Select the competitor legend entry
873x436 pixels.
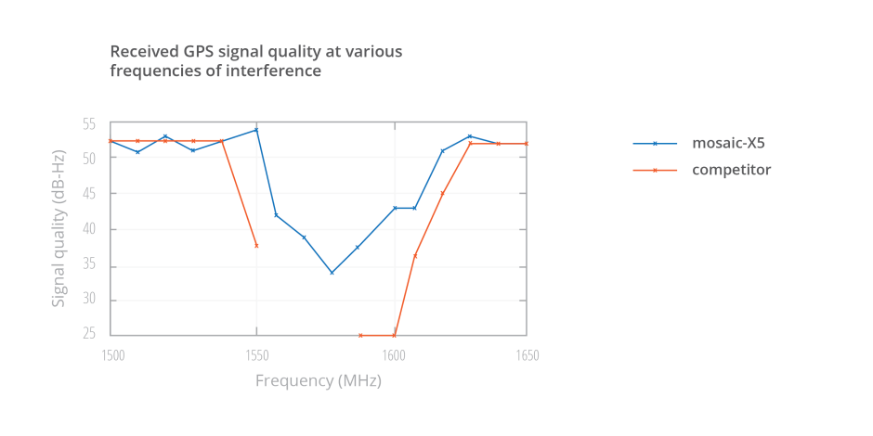point(702,170)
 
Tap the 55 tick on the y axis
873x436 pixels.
point(89,124)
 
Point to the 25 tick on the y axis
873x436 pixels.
point(89,334)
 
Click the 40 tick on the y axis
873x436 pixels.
point(89,229)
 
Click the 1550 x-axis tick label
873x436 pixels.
point(256,356)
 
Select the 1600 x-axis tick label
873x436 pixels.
point(395,356)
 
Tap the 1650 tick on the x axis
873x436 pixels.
point(528,356)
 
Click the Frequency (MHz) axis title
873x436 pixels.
point(319,381)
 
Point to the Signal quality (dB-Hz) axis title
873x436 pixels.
point(59,228)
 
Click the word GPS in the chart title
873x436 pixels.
point(198,52)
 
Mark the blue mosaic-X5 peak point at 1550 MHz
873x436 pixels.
point(256,130)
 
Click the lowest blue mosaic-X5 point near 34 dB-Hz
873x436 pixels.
point(332,273)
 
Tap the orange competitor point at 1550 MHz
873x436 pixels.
point(256,245)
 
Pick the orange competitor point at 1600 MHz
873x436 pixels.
point(394,335)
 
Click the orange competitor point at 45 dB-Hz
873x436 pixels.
point(443,194)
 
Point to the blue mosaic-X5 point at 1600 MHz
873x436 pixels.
point(395,208)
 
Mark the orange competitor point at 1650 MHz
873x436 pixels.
point(527,144)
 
